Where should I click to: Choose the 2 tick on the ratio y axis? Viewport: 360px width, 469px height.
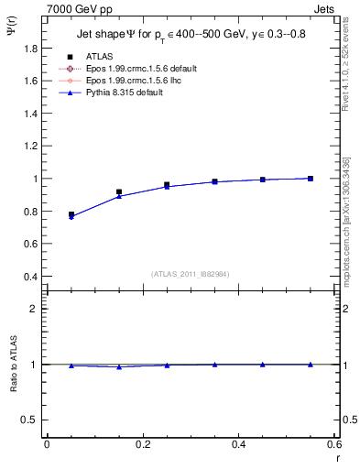(38, 309)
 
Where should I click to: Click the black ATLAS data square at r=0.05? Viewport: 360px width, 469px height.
(71, 214)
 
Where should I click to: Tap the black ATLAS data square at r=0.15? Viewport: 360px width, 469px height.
(119, 191)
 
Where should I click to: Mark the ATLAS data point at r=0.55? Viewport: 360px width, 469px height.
(311, 178)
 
